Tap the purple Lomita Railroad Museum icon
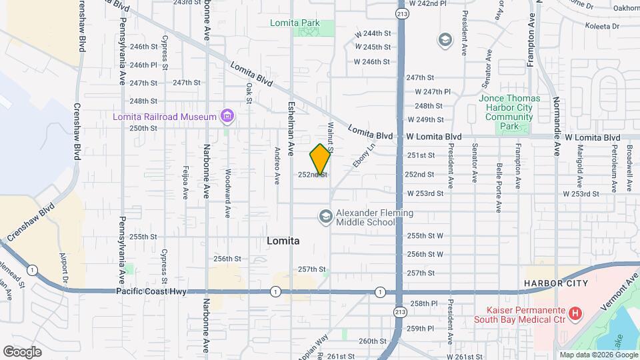pyautogui.click(x=227, y=117)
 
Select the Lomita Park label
pyautogui.click(x=295, y=23)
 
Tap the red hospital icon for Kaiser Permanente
pyautogui.click(x=575, y=312)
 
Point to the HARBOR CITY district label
pyautogui.click(x=555, y=283)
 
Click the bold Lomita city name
pyautogui.click(x=283, y=241)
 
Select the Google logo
pyautogui.click(x=22, y=351)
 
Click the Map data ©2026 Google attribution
pyautogui.click(x=598, y=355)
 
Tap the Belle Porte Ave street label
pyautogui.click(x=498, y=187)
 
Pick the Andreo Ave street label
pyautogui.click(x=277, y=165)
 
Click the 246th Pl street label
pyautogui.click(x=143, y=65)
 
